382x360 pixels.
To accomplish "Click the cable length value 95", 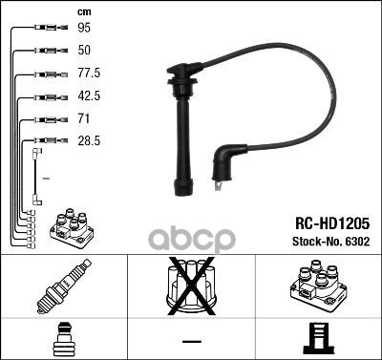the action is [84, 28].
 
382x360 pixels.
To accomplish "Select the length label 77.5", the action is [89, 73].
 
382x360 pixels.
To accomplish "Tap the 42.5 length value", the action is [89, 95].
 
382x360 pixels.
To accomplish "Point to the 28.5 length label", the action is [89, 140].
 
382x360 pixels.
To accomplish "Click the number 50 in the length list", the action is [84, 50].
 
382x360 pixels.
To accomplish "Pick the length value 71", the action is [83, 118].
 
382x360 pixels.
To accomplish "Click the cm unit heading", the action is [84, 12].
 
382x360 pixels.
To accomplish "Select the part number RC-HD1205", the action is [332, 223].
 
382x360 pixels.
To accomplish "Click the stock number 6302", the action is [358, 242].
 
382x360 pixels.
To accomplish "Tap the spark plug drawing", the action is [64, 286].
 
